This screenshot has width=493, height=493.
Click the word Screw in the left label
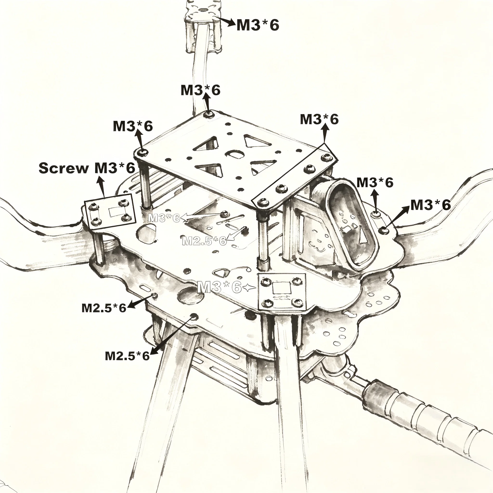pyautogui.click(x=64, y=168)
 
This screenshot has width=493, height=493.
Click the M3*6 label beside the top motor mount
pyautogui.click(x=258, y=25)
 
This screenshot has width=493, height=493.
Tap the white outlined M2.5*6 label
pyautogui.click(x=204, y=241)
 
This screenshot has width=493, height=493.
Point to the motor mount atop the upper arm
pyautogui.click(x=203, y=28)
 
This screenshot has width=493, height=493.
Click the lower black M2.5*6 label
pyautogui.click(x=127, y=356)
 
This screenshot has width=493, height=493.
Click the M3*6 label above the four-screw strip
pyautogui.click(x=319, y=119)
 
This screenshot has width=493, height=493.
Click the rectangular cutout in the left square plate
pyautogui.click(x=116, y=211)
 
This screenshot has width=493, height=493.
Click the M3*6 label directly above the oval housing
pyautogui.click(x=375, y=182)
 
